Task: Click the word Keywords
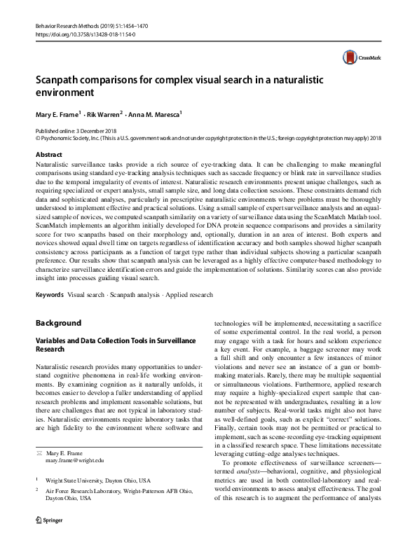coord(50,295)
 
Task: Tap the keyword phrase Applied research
coord(187,295)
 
